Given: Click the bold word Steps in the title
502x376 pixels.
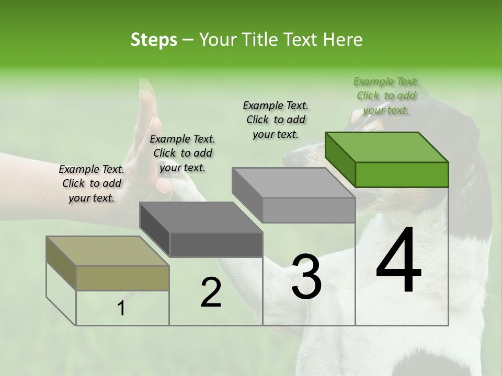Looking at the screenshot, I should [x=154, y=40].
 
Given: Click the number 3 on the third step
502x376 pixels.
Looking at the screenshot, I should [x=306, y=277].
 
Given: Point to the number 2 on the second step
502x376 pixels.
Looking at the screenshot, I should [x=211, y=292].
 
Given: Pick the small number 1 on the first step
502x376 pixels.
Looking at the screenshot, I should [x=121, y=309].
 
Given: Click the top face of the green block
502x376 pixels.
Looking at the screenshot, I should [x=386, y=147].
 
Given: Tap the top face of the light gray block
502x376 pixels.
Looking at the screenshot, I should [x=293, y=182].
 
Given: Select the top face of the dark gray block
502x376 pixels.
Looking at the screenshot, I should [x=201, y=217].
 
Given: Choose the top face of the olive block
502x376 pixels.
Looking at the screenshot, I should [x=108, y=251].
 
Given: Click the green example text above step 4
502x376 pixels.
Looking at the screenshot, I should [x=386, y=96].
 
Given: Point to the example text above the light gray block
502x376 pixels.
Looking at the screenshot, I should [x=276, y=120].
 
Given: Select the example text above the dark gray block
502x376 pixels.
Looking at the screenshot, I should [x=182, y=153].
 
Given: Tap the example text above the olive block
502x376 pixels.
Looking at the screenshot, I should [x=92, y=183].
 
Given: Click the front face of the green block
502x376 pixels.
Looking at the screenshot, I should [x=402, y=174].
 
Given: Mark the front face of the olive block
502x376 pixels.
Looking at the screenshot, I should [x=123, y=278].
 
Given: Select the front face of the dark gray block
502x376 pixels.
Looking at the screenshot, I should [x=216, y=244].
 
